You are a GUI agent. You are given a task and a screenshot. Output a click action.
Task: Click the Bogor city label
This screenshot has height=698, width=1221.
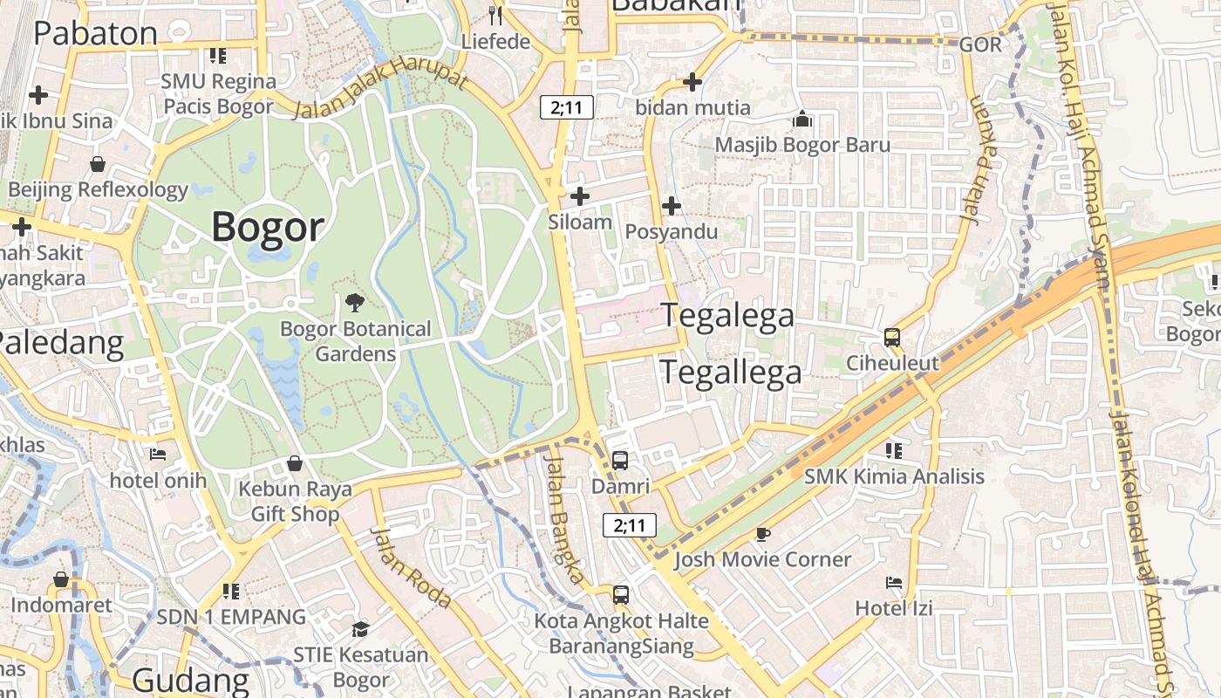(268, 227)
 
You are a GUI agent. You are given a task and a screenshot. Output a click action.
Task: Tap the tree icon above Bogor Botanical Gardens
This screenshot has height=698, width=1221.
(355, 303)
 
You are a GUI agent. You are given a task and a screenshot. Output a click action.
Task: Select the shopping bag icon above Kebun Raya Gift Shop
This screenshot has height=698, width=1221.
(295, 462)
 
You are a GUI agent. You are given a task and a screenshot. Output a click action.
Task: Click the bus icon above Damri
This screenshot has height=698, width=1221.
(620, 460)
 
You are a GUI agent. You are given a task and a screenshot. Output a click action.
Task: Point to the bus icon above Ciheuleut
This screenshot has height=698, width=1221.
(892, 337)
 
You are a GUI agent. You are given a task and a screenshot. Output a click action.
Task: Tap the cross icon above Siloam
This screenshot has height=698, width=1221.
(579, 196)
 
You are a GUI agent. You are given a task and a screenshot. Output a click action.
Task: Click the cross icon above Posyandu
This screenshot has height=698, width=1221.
(671, 206)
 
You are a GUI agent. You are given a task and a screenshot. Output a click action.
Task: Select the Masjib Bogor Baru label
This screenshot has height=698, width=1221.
(802, 145)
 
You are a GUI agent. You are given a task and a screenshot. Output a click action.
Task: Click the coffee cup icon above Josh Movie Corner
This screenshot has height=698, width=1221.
(763, 533)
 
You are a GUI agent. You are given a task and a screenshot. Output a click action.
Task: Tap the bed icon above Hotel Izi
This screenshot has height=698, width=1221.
(894, 582)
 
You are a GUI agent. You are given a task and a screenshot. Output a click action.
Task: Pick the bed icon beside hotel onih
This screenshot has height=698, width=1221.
(158, 454)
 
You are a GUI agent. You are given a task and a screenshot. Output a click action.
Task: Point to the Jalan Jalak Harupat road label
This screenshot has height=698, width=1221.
(380, 90)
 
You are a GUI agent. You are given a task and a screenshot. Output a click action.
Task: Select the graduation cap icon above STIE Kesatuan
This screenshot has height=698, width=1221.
(360, 629)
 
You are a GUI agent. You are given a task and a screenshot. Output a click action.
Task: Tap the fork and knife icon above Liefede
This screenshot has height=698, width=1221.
(496, 14)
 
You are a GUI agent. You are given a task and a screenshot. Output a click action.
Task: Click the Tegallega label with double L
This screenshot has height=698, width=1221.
(730, 373)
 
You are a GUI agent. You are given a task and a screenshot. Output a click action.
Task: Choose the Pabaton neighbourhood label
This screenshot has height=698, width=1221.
(95, 33)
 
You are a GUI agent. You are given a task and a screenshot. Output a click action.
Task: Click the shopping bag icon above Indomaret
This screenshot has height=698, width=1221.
(61, 579)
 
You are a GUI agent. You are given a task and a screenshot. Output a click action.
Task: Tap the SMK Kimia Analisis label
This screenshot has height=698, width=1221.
(894, 476)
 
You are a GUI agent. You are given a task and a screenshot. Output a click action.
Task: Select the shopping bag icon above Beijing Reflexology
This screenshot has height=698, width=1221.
(98, 164)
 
